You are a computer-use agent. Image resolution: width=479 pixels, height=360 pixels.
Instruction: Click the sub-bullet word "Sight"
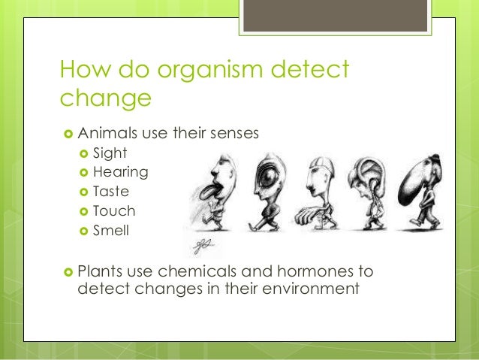point(110,153)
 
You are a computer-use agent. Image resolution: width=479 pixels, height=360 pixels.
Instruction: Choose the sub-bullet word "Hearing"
point(120,172)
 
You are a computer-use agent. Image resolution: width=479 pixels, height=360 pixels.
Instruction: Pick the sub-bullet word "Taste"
point(111,192)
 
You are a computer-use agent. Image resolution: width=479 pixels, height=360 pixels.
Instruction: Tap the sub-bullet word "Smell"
point(111,231)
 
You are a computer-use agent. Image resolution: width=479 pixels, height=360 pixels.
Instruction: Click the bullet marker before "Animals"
point(67,134)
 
